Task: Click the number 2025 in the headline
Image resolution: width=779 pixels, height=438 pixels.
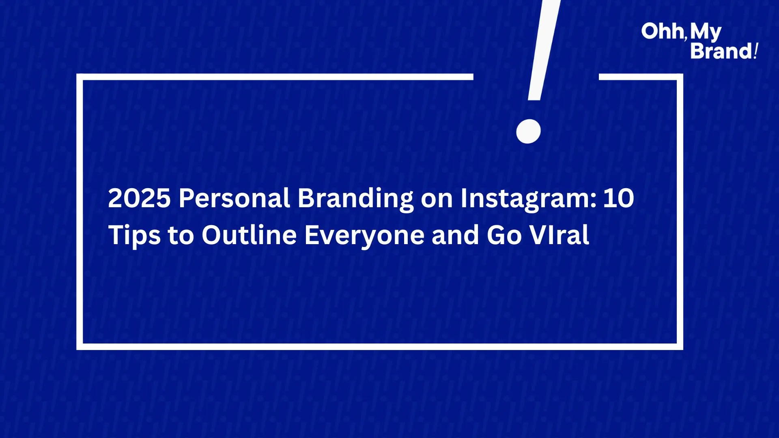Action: click(x=139, y=198)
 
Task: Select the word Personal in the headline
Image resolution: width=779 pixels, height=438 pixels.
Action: click(x=235, y=198)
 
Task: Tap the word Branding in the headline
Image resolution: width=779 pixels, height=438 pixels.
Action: click(x=355, y=199)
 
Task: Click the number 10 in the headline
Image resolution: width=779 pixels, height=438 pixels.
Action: click(x=618, y=198)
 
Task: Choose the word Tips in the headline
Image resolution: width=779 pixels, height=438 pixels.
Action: click(x=134, y=236)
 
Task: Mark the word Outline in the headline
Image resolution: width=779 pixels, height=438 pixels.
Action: click(x=250, y=235)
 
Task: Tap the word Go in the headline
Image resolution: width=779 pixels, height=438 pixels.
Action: click(x=504, y=236)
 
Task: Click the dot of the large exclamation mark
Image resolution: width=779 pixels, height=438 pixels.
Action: click(x=528, y=131)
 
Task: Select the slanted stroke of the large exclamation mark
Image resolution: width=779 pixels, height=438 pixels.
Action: click(x=544, y=50)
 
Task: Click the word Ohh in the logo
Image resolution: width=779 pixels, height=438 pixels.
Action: click(x=662, y=31)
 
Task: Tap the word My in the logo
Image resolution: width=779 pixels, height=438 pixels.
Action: click(x=706, y=32)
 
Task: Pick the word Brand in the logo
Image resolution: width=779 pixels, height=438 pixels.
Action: click(x=721, y=51)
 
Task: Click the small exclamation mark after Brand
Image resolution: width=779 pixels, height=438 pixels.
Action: click(x=755, y=51)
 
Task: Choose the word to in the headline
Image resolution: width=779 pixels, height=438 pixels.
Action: click(x=181, y=236)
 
